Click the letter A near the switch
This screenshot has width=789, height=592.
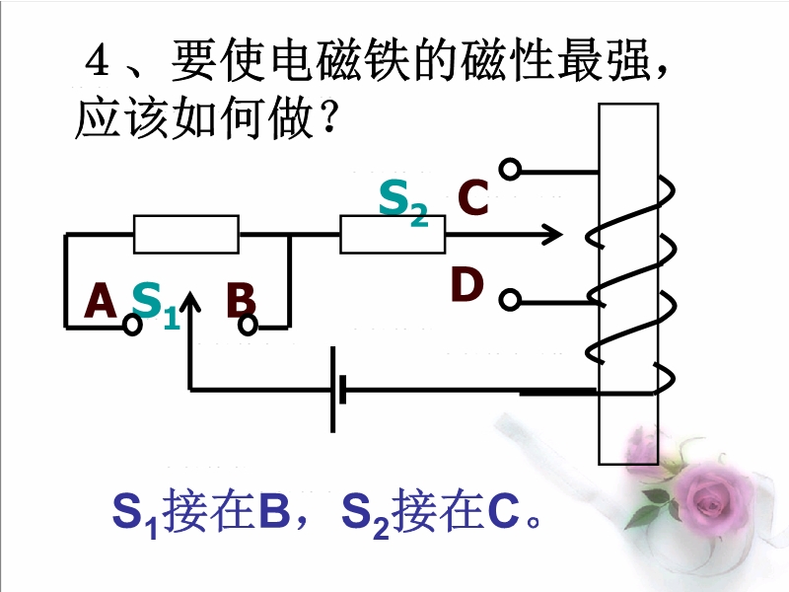coord(101,301)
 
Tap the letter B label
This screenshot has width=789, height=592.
coord(241,301)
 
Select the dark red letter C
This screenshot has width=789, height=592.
coord(473,199)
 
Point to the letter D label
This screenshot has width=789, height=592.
coord(467,285)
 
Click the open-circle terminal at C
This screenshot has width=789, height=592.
coord(509,170)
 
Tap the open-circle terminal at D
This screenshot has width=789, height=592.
coord(509,298)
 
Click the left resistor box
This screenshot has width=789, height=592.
coord(186,235)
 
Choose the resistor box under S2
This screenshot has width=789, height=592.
coord(393,236)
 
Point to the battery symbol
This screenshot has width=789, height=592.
coord(336,389)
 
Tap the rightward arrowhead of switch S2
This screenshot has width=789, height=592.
coord(552,236)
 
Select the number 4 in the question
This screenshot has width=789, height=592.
coord(96,65)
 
